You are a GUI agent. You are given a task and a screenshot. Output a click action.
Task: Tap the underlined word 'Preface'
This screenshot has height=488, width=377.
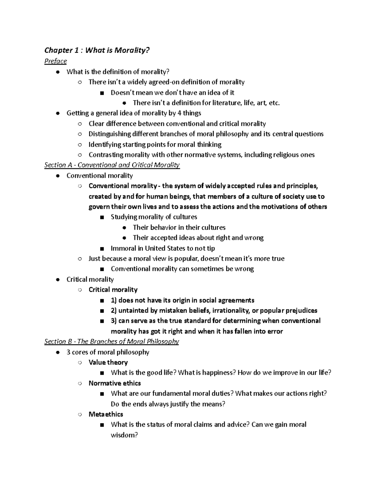point(56,61)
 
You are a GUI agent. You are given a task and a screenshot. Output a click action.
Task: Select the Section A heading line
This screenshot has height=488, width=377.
point(112,165)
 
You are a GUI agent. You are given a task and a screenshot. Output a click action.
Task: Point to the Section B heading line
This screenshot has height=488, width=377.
point(112,342)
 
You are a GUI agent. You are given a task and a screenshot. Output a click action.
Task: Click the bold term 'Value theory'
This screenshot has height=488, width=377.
point(108,362)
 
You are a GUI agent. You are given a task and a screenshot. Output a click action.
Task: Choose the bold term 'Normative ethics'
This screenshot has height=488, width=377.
point(115,383)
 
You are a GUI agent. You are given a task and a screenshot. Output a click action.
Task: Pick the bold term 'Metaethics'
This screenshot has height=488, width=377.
point(106,414)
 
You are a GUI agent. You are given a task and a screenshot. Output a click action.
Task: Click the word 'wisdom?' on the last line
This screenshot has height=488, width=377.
point(124,435)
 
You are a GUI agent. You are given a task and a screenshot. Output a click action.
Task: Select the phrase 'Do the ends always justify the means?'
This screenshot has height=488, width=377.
point(168,404)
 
